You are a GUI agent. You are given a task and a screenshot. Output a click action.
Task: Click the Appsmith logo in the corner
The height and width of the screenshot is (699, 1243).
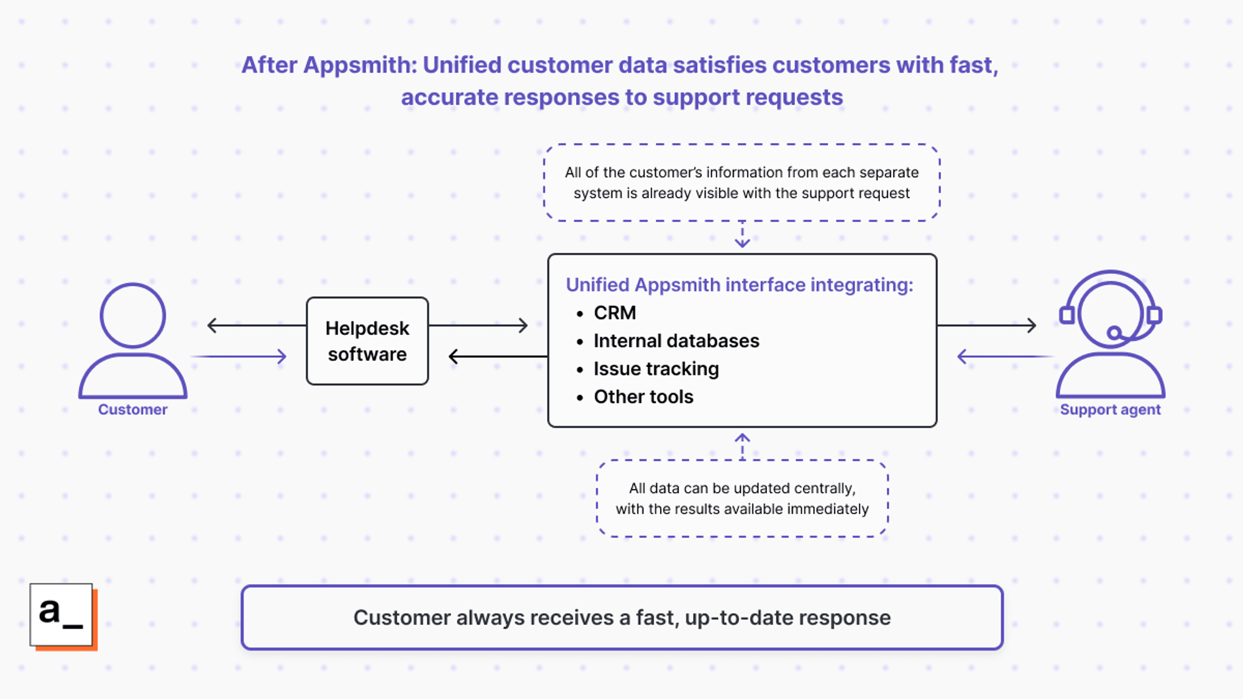point(62,616)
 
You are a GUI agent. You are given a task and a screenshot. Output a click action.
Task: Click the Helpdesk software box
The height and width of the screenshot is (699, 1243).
point(367,341)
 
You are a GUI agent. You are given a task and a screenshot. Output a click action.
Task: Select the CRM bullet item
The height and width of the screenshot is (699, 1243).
point(614,313)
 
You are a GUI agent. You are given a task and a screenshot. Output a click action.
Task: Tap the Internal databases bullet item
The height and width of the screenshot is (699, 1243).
point(676,341)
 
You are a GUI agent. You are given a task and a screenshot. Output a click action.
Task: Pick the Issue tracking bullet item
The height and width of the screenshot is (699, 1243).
point(656,369)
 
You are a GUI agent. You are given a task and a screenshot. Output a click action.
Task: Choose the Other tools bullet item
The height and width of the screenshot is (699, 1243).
point(643,397)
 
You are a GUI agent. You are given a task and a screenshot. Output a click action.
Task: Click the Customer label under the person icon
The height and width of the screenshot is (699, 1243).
point(132,409)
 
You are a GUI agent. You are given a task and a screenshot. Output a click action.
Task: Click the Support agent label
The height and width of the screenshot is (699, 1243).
point(1110,409)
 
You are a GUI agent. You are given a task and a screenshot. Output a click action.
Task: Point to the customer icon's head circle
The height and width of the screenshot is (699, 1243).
point(132,315)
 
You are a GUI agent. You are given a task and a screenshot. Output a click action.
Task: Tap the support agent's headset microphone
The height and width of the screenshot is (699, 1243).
point(1115,333)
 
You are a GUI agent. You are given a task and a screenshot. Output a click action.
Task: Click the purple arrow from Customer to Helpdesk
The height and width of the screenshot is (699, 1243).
point(239,357)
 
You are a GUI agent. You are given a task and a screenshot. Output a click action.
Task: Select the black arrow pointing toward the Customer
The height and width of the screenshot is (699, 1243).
point(255,325)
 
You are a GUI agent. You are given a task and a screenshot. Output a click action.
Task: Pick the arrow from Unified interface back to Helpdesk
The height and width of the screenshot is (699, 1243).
point(497,357)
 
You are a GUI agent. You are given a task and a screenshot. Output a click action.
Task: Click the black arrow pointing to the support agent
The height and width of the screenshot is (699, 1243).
point(987,325)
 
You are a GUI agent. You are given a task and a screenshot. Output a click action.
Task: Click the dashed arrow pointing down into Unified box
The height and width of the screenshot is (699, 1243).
point(742,236)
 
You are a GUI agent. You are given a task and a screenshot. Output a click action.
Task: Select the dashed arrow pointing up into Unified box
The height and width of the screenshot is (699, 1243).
point(742,445)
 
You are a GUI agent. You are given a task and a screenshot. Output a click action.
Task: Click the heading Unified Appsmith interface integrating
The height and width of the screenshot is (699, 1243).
point(739,285)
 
